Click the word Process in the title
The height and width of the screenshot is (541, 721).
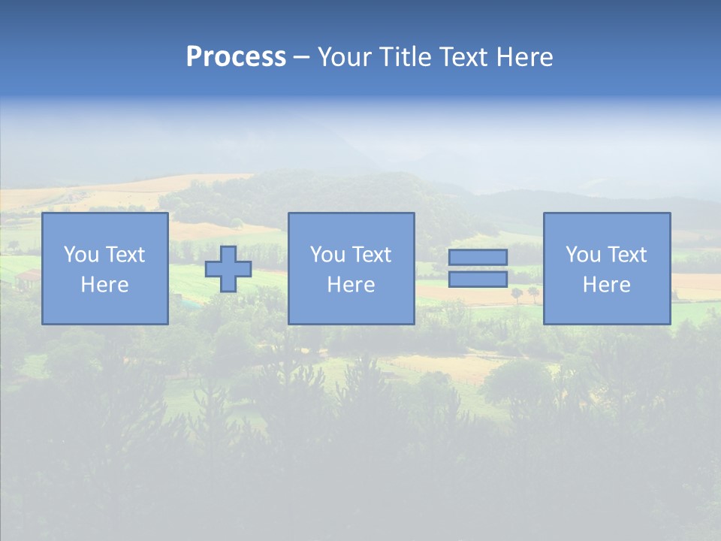tap(236, 57)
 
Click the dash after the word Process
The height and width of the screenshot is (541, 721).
tap(301, 58)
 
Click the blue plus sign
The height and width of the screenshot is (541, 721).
tap(228, 269)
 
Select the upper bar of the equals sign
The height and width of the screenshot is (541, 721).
tap(478, 257)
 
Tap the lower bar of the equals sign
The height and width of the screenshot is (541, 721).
tap(478, 279)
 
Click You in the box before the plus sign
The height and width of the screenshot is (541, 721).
tap(81, 255)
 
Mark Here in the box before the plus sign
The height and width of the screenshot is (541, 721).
tap(104, 285)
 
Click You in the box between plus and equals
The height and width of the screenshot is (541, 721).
tap(327, 255)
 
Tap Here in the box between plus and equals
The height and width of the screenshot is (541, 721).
tap(351, 285)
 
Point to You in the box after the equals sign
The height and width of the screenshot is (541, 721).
tap(583, 255)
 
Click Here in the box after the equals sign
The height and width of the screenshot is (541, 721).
tap(606, 285)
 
